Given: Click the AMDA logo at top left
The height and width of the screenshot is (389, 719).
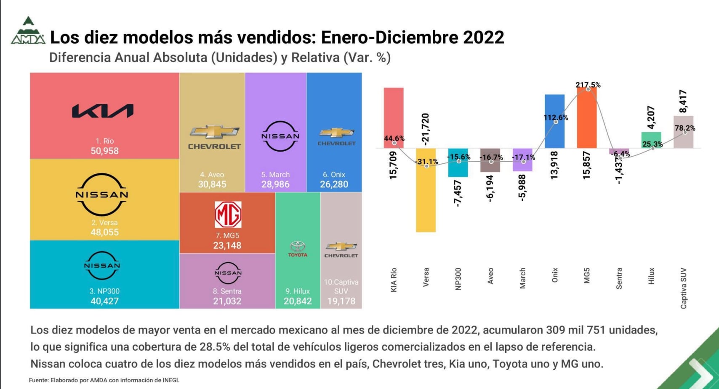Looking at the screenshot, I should [x=28, y=31].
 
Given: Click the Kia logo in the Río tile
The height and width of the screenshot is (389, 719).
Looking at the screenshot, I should [x=103, y=111].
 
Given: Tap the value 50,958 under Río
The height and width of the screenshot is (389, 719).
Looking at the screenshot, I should [x=104, y=151].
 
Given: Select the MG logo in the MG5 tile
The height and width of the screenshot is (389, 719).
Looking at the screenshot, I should [x=228, y=214].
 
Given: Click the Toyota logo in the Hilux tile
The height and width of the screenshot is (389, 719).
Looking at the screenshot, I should [x=298, y=249].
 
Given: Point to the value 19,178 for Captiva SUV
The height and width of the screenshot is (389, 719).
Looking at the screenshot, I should [x=341, y=301].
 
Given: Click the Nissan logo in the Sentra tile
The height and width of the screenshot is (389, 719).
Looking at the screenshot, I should [x=228, y=273].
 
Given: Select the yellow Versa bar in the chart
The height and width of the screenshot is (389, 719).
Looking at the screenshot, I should [x=426, y=198].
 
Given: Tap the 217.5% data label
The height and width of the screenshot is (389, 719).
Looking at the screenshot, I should [x=588, y=85].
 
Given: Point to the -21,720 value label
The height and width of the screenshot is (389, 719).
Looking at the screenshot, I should [x=426, y=129].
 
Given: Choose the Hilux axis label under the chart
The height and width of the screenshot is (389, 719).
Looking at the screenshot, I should [x=651, y=276].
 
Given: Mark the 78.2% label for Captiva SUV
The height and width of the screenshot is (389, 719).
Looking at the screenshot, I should [x=685, y=128].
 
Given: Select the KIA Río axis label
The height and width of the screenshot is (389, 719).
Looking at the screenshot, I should [x=394, y=280].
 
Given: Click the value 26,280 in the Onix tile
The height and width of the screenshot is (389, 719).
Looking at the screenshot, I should [x=334, y=184].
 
